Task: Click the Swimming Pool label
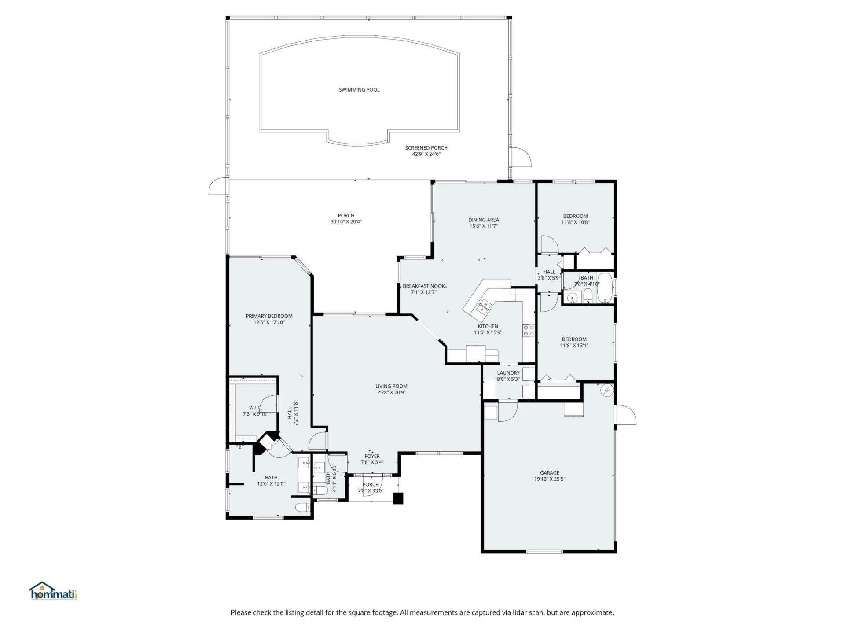[359, 90]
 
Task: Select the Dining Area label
[483, 220]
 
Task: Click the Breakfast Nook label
[424, 286]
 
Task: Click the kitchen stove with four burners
[529, 331]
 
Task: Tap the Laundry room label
[508, 373]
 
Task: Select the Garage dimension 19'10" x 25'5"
[550, 479]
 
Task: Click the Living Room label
[391, 386]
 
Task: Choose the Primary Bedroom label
[269, 316]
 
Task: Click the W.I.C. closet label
[255, 408]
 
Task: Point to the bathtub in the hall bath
[606, 289]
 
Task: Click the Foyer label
[372, 456]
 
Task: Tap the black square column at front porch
[398, 498]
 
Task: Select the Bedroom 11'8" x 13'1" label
[574, 339]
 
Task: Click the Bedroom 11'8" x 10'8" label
[575, 216]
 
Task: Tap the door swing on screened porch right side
[522, 157]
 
